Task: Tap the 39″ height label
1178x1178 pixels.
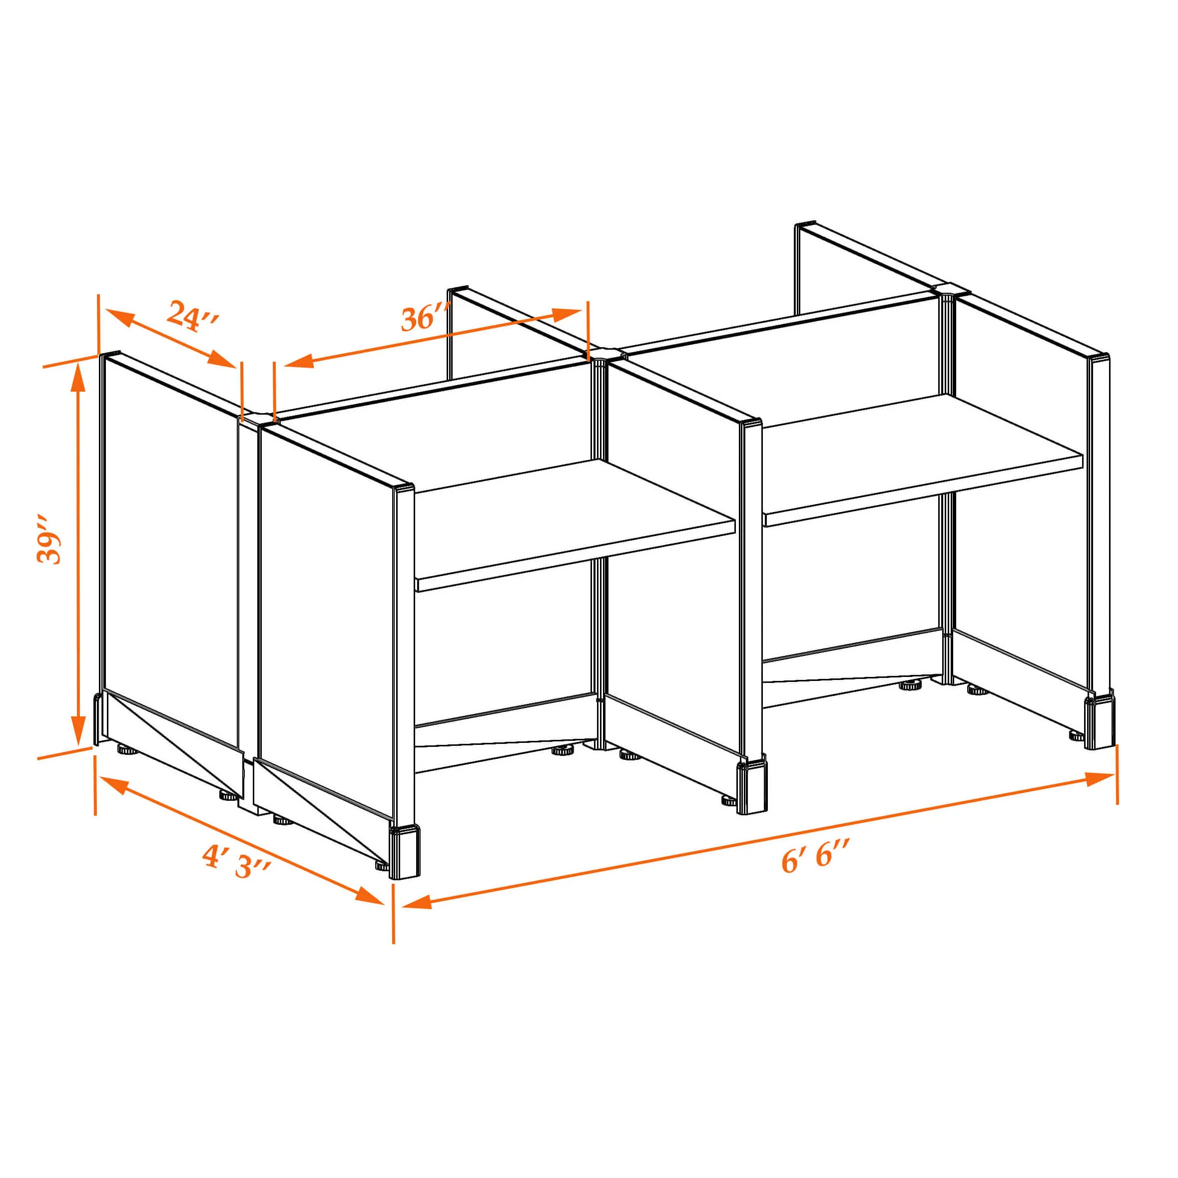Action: (49, 540)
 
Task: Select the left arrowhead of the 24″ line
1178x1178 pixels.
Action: (120, 318)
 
